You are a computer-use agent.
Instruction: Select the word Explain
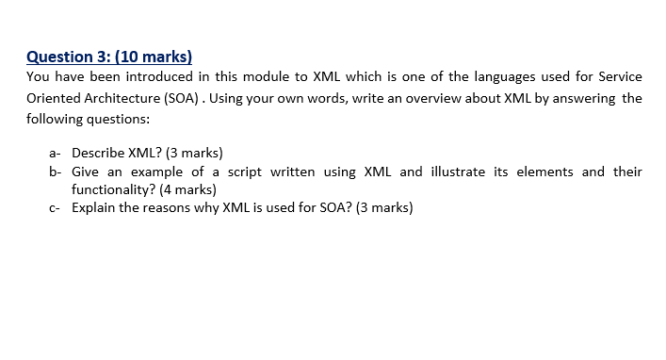(93, 207)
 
